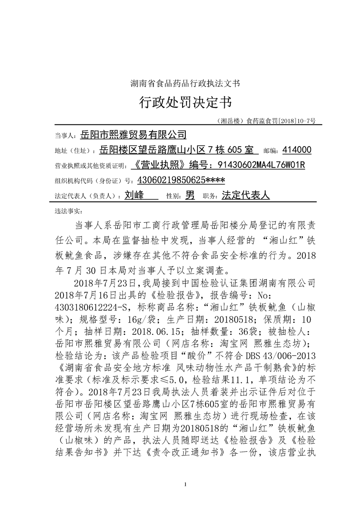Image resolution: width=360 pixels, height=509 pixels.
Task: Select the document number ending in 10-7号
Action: [x=266, y=121]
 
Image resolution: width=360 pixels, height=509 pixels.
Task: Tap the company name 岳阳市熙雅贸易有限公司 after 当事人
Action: [x=133, y=134]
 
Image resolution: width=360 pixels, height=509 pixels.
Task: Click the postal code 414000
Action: [x=296, y=150]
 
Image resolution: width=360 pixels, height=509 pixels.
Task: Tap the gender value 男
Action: [x=190, y=196]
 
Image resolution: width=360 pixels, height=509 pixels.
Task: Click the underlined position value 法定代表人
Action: [x=246, y=196]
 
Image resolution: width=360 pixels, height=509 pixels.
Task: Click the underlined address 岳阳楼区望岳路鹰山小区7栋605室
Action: [x=179, y=150]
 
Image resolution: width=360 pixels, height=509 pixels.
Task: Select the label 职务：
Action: [x=211, y=196]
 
